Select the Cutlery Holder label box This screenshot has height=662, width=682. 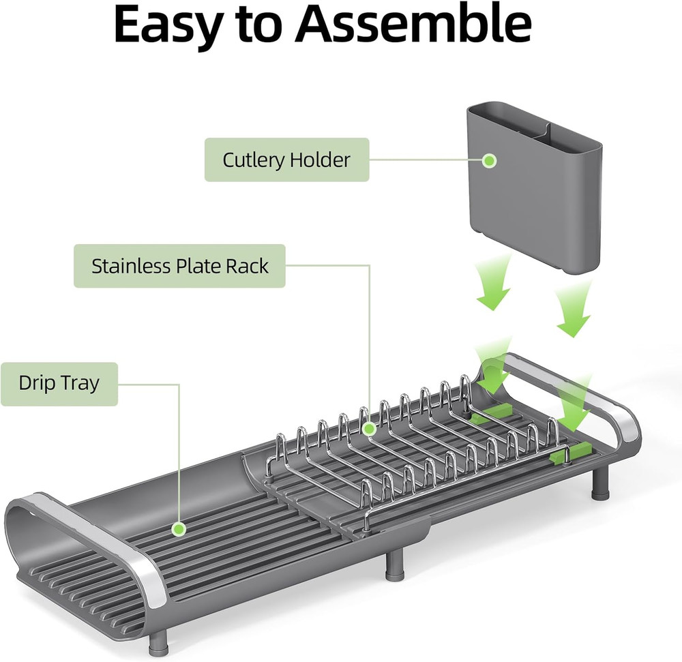286,160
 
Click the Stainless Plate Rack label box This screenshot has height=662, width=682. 179,266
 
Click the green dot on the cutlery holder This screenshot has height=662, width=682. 489,161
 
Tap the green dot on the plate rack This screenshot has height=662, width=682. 369,429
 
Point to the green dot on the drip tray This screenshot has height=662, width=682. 179,528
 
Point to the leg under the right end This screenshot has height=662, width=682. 599,486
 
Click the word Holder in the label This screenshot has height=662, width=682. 319,160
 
